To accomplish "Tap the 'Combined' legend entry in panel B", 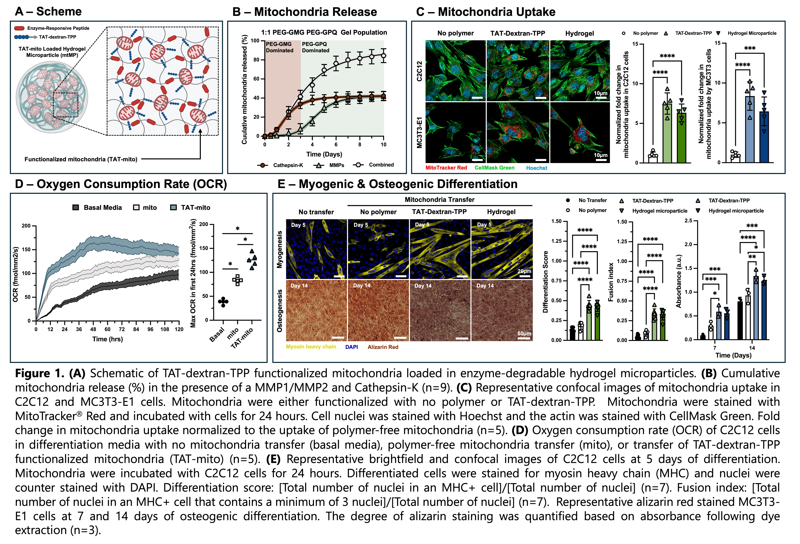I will (x=381, y=165).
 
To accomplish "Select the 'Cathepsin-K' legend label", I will (x=288, y=165).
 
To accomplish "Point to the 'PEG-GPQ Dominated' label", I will (x=315, y=47).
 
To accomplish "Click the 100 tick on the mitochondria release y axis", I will (x=255, y=41).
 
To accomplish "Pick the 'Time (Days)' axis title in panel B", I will (x=324, y=154).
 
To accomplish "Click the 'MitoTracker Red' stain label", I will (x=446, y=168).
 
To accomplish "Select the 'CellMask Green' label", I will (x=494, y=168).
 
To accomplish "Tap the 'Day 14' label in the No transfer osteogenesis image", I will (x=299, y=286).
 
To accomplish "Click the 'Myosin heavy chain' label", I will (x=311, y=347).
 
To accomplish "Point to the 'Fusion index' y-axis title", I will (x=611, y=282).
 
